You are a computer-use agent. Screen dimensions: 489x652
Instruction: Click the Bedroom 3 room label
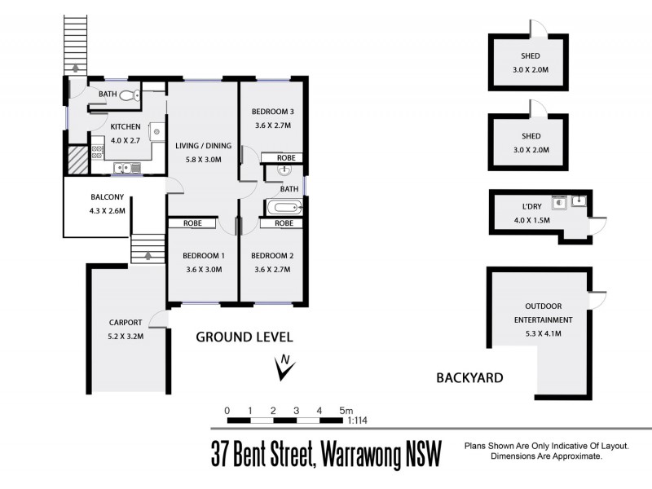[271, 112]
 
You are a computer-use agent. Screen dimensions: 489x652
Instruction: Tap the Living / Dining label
[204, 146]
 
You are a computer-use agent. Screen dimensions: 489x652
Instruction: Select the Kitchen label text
[126, 126]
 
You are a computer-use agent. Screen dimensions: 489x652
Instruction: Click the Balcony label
[107, 196]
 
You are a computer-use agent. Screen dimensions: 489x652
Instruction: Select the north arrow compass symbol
[284, 368]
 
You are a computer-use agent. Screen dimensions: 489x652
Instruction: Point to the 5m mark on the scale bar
[346, 410]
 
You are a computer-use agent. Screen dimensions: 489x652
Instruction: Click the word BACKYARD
[469, 377]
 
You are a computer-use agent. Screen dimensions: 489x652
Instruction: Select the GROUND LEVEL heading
[244, 337]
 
